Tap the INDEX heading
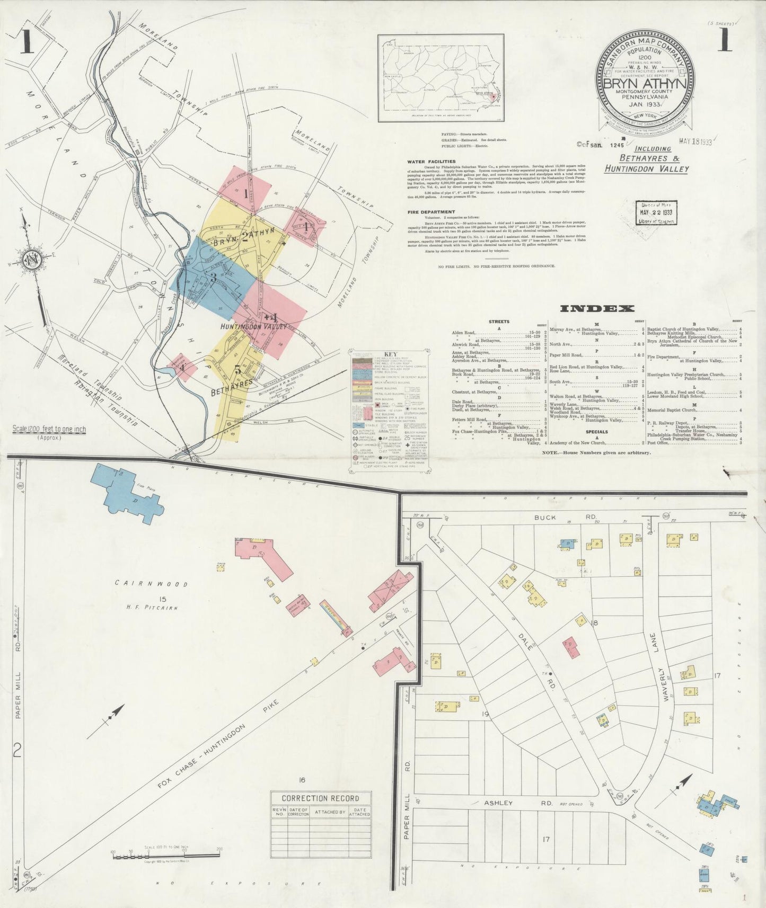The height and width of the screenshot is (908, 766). [x=596, y=308]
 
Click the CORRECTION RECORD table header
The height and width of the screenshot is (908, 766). [x=320, y=798]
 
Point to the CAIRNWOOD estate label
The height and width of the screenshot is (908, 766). [x=152, y=584]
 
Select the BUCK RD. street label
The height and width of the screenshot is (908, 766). [x=558, y=516]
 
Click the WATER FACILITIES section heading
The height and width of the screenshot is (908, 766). [x=431, y=162]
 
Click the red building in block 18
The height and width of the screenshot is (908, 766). [x=571, y=647]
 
